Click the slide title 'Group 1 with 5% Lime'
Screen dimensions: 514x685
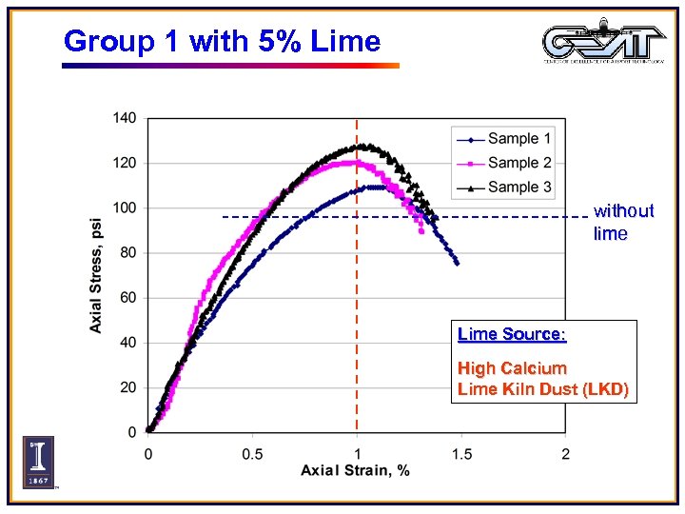click(222, 42)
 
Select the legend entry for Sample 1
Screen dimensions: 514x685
click(519, 139)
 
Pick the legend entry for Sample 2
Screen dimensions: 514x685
click(519, 163)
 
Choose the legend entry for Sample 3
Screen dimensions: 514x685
click(519, 187)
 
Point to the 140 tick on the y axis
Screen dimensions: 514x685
click(126, 118)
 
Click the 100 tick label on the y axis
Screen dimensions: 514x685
click(126, 208)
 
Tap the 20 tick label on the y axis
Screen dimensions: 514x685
click(128, 387)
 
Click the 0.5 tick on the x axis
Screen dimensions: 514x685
click(251, 453)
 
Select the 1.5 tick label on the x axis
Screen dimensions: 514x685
click(460, 453)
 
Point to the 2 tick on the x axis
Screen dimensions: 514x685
click(565, 453)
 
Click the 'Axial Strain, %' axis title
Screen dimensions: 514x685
click(355, 471)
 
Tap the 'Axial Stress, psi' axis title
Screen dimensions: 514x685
click(96, 275)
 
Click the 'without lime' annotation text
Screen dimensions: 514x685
click(623, 222)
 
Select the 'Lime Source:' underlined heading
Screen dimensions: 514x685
click(512, 335)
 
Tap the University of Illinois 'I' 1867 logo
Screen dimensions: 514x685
click(38, 462)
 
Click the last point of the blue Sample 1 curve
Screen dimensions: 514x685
click(457, 263)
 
